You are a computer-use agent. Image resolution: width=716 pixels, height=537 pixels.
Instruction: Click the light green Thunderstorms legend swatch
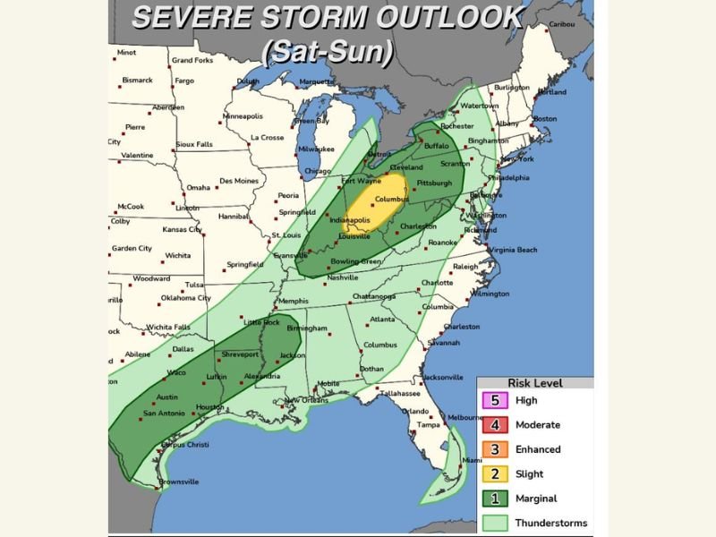493,523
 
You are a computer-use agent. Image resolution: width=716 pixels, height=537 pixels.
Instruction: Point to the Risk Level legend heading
535,383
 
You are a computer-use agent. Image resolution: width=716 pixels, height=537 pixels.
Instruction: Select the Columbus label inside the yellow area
391,199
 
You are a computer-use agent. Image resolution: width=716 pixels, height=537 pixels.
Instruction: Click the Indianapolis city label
349,220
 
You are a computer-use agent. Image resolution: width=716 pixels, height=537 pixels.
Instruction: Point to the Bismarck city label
137,80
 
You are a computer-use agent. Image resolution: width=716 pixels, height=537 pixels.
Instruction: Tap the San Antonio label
163,413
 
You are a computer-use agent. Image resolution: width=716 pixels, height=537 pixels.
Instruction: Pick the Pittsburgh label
434,183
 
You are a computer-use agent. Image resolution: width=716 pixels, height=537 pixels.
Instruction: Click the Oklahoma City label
185,298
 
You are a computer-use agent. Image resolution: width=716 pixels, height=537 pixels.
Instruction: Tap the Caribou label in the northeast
560,23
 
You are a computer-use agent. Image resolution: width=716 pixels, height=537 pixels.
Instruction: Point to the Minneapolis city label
243,116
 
